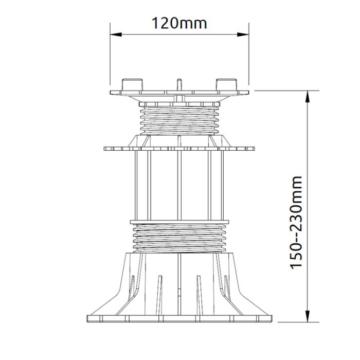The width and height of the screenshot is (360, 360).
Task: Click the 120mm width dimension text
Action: point(179,23)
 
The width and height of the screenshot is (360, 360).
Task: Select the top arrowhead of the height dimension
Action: point(307,95)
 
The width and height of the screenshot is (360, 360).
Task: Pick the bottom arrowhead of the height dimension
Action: point(307,317)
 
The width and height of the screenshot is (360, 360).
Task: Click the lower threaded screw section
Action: point(179,238)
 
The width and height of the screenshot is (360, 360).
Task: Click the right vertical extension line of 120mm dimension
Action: point(248,57)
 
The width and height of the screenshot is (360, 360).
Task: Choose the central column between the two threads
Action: point(179,185)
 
